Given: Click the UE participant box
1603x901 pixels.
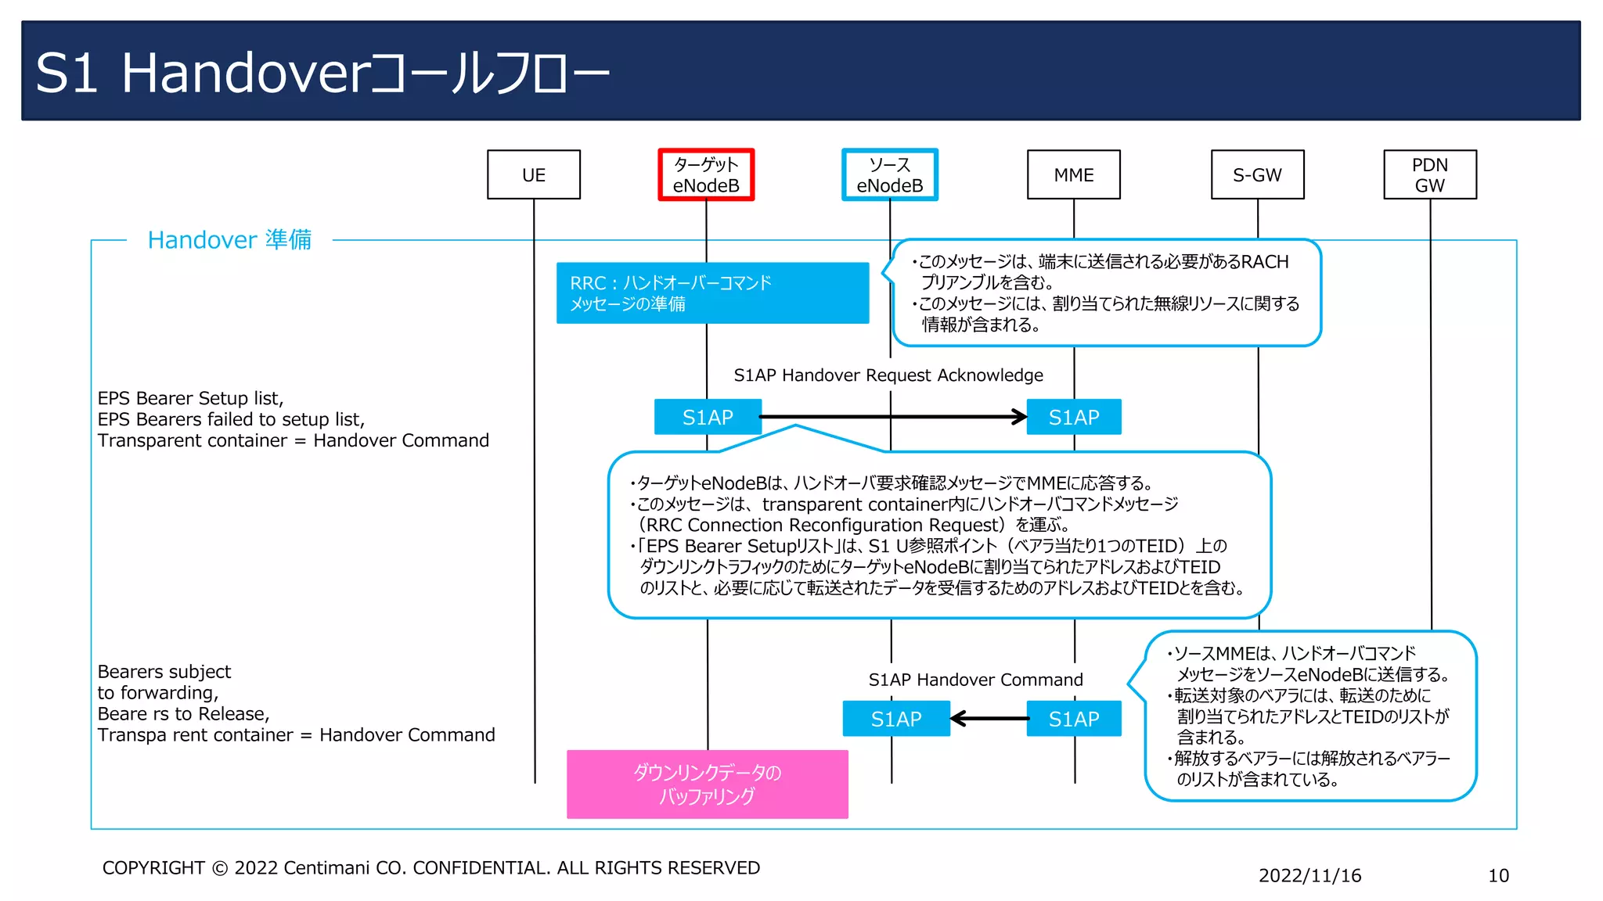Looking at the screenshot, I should [534, 174].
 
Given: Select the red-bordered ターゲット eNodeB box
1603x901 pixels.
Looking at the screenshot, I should [706, 174].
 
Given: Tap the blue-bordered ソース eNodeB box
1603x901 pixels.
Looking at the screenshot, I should [890, 174].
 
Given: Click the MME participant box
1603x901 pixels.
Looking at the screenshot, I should [1074, 174].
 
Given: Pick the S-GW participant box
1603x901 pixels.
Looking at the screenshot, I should [1258, 174].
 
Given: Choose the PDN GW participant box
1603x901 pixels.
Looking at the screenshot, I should [1430, 174].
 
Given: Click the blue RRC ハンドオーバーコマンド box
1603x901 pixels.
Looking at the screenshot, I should [712, 293].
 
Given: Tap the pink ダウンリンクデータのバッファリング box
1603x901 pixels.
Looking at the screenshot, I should [707, 784].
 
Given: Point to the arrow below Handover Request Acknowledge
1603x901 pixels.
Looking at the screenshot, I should [892, 417].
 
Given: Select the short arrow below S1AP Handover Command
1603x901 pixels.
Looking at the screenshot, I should [989, 718].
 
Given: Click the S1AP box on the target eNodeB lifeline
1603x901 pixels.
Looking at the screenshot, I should [708, 417].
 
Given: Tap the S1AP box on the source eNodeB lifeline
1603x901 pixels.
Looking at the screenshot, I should [896, 719].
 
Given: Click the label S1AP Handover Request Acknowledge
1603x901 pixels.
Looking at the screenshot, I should [888, 375].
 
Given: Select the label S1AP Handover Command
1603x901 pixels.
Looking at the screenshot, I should [976, 680].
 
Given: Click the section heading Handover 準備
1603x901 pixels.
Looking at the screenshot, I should [229, 239].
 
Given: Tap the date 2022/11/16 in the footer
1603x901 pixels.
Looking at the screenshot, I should [1309, 875].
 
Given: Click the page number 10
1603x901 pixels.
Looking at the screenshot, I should [1498, 875].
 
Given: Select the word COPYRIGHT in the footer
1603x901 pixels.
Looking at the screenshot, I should [153, 868].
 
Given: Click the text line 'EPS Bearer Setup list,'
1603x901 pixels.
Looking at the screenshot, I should [190, 398].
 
